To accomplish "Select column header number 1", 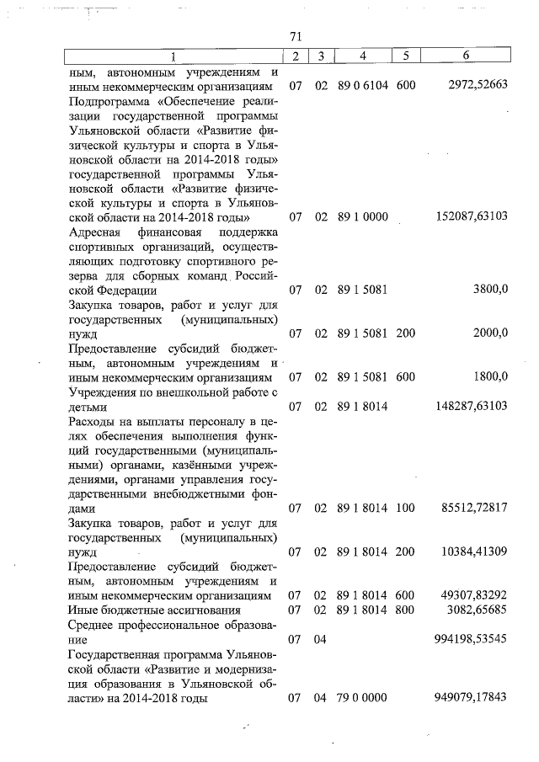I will click(173, 56).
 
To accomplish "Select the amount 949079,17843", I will click(473, 698).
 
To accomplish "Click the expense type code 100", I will click(406, 509).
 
